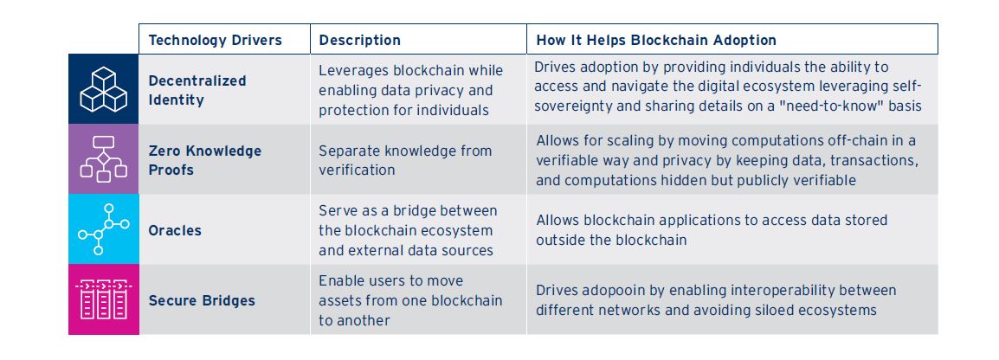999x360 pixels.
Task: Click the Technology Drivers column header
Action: point(215,40)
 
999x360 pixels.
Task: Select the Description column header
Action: point(359,40)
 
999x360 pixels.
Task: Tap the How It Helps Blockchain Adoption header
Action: point(656,40)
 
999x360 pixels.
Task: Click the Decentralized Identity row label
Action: point(197,90)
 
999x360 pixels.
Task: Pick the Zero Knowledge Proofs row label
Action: point(204,160)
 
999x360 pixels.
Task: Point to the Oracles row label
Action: point(175,230)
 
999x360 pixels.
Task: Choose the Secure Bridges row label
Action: point(202,300)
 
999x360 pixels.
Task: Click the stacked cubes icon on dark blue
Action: point(103,89)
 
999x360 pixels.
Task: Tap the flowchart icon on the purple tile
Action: point(103,159)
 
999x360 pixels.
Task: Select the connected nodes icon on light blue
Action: point(103,229)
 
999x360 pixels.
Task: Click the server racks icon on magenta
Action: point(103,299)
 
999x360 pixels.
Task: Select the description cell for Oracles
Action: point(408,230)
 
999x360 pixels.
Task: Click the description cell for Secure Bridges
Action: point(410,300)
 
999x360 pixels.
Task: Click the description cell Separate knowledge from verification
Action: point(405,160)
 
